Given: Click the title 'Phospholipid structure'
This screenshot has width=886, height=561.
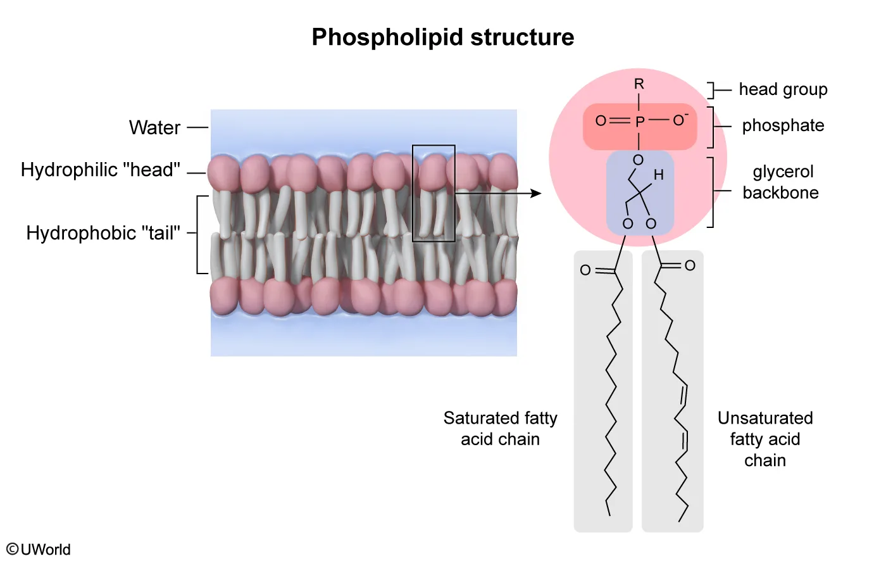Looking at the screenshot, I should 442,37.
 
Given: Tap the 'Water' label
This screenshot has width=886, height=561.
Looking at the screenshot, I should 154,128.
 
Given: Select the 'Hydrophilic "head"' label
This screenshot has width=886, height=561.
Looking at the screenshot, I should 100,170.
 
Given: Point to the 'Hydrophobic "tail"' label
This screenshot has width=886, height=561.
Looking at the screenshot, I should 103,233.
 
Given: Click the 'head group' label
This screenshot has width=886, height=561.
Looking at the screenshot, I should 783,90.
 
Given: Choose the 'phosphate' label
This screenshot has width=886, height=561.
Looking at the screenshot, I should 783,126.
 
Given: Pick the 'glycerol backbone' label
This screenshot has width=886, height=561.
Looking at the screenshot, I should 781,182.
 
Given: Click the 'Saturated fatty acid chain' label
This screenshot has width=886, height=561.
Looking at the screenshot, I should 500,429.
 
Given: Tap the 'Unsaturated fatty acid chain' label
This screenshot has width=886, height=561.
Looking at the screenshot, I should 765,439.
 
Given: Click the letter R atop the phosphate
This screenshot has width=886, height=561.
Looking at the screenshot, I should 639,84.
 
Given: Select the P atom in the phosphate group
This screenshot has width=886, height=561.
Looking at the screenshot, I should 640,122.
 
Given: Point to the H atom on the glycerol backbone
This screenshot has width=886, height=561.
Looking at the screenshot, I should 659,175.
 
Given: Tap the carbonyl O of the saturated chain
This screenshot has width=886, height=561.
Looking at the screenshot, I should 585,271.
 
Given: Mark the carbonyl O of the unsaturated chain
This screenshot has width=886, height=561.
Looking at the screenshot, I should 690,266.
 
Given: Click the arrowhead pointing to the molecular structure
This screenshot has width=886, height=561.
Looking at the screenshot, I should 537,193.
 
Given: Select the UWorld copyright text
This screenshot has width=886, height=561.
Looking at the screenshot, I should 39,549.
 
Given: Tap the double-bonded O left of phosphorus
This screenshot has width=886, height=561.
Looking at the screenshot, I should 601,121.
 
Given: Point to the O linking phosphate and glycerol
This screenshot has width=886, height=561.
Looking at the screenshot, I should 638,160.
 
